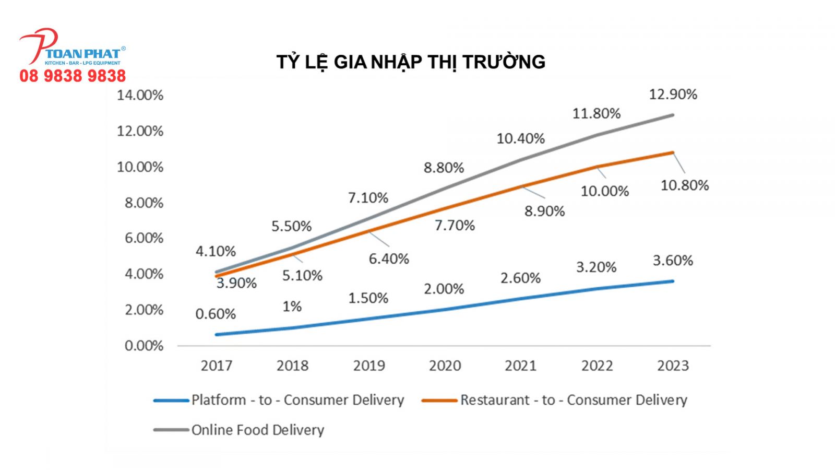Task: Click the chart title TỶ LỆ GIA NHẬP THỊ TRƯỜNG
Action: point(411,62)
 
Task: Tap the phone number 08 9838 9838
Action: point(73,76)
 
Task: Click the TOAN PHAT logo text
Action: point(83,53)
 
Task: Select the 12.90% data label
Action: point(673,95)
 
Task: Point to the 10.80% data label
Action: point(684,185)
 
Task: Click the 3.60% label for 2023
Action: point(673,261)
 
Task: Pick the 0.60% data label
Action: point(216,314)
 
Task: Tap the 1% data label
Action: point(292,307)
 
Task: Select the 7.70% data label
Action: point(455,226)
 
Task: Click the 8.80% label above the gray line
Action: point(444,168)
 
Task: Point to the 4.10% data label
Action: point(216,251)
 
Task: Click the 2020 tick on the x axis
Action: point(445,366)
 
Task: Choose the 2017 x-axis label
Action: point(216,366)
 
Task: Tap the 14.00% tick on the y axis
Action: point(140,95)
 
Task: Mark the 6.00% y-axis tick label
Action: point(144,238)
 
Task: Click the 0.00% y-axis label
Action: point(144,346)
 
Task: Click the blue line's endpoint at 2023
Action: point(672,281)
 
